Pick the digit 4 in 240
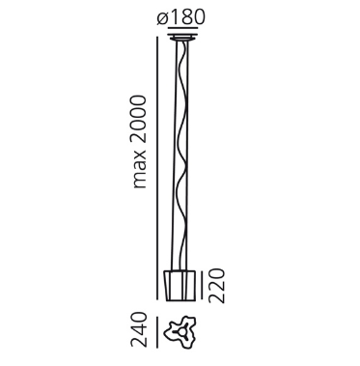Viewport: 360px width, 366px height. tap(140, 332)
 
